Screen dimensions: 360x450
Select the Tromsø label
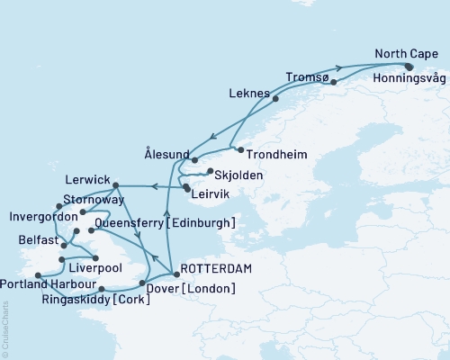(306, 77)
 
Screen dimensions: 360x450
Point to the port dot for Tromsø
(334, 83)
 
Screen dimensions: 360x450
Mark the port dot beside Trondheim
(240, 148)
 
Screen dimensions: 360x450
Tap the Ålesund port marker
(194, 159)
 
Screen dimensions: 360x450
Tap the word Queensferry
(137, 222)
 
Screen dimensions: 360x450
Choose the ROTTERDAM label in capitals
(216, 268)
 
